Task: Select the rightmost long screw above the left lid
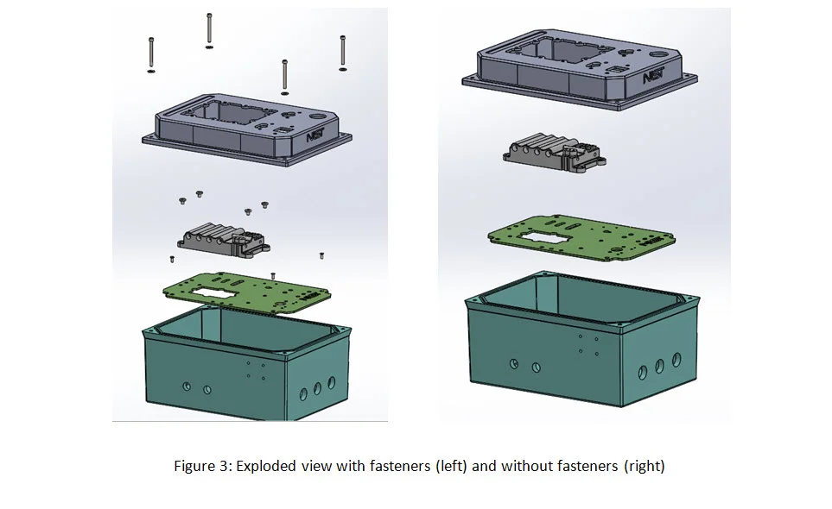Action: (x=343, y=51)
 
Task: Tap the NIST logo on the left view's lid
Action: (x=315, y=135)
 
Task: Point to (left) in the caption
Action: (x=451, y=467)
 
